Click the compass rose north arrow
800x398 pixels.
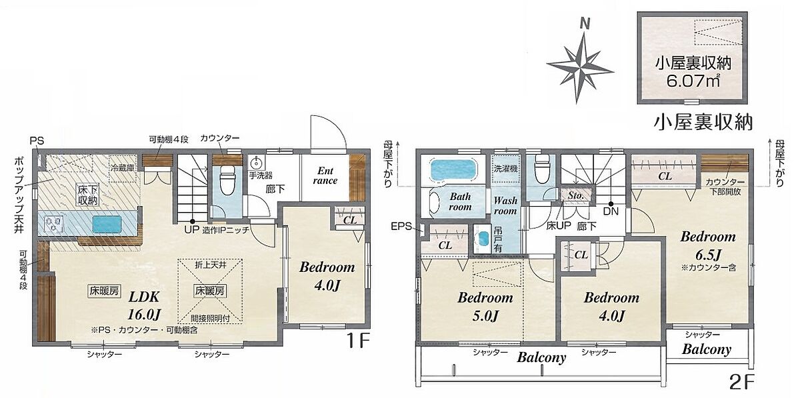pyautogui.click(x=579, y=66)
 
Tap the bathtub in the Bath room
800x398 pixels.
pyautogui.click(x=453, y=171)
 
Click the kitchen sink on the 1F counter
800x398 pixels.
pyautogui.click(x=107, y=225)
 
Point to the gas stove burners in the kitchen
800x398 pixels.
pyautogui.click(x=53, y=224)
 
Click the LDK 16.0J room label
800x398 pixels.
pyautogui.click(x=145, y=305)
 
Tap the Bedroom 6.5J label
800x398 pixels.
pyautogui.click(x=708, y=245)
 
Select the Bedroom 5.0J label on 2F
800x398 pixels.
pyautogui.click(x=485, y=307)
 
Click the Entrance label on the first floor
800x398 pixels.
pyautogui.click(x=325, y=176)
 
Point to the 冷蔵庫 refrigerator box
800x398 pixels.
pyautogui.click(x=123, y=168)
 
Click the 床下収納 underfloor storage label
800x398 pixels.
pyautogui.click(x=88, y=195)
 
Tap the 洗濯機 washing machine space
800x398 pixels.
pyautogui.click(x=505, y=168)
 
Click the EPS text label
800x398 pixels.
pyautogui.click(x=401, y=226)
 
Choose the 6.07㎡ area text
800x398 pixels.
pyautogui.click(x=692, y=81)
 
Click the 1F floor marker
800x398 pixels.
pyautogui.click(x=357, y=341)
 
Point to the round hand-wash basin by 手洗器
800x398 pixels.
pyautogui.click(x=256, y=163)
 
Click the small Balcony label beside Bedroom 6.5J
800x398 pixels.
pyautogui.click(x=707, y=349)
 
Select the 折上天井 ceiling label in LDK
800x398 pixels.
pyautogui.click(x=211, y=265)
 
